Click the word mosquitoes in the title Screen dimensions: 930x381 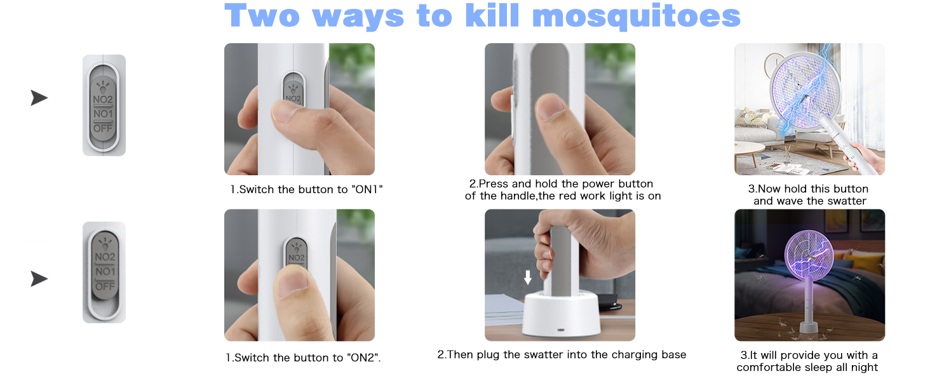(636, 17)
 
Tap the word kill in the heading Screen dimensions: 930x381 (492, 15)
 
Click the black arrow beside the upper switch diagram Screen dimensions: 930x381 (39, 98)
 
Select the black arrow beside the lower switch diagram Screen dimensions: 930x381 (39, 279)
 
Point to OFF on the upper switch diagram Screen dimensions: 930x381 (103, 128)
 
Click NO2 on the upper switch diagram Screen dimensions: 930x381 (103, 100)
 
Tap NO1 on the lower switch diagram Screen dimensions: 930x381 (105, 271)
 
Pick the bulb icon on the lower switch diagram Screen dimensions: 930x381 (105, 243)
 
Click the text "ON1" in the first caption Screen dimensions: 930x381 (367, 189)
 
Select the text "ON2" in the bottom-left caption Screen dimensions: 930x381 (365, 358)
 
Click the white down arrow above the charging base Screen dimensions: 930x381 (528, 277)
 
